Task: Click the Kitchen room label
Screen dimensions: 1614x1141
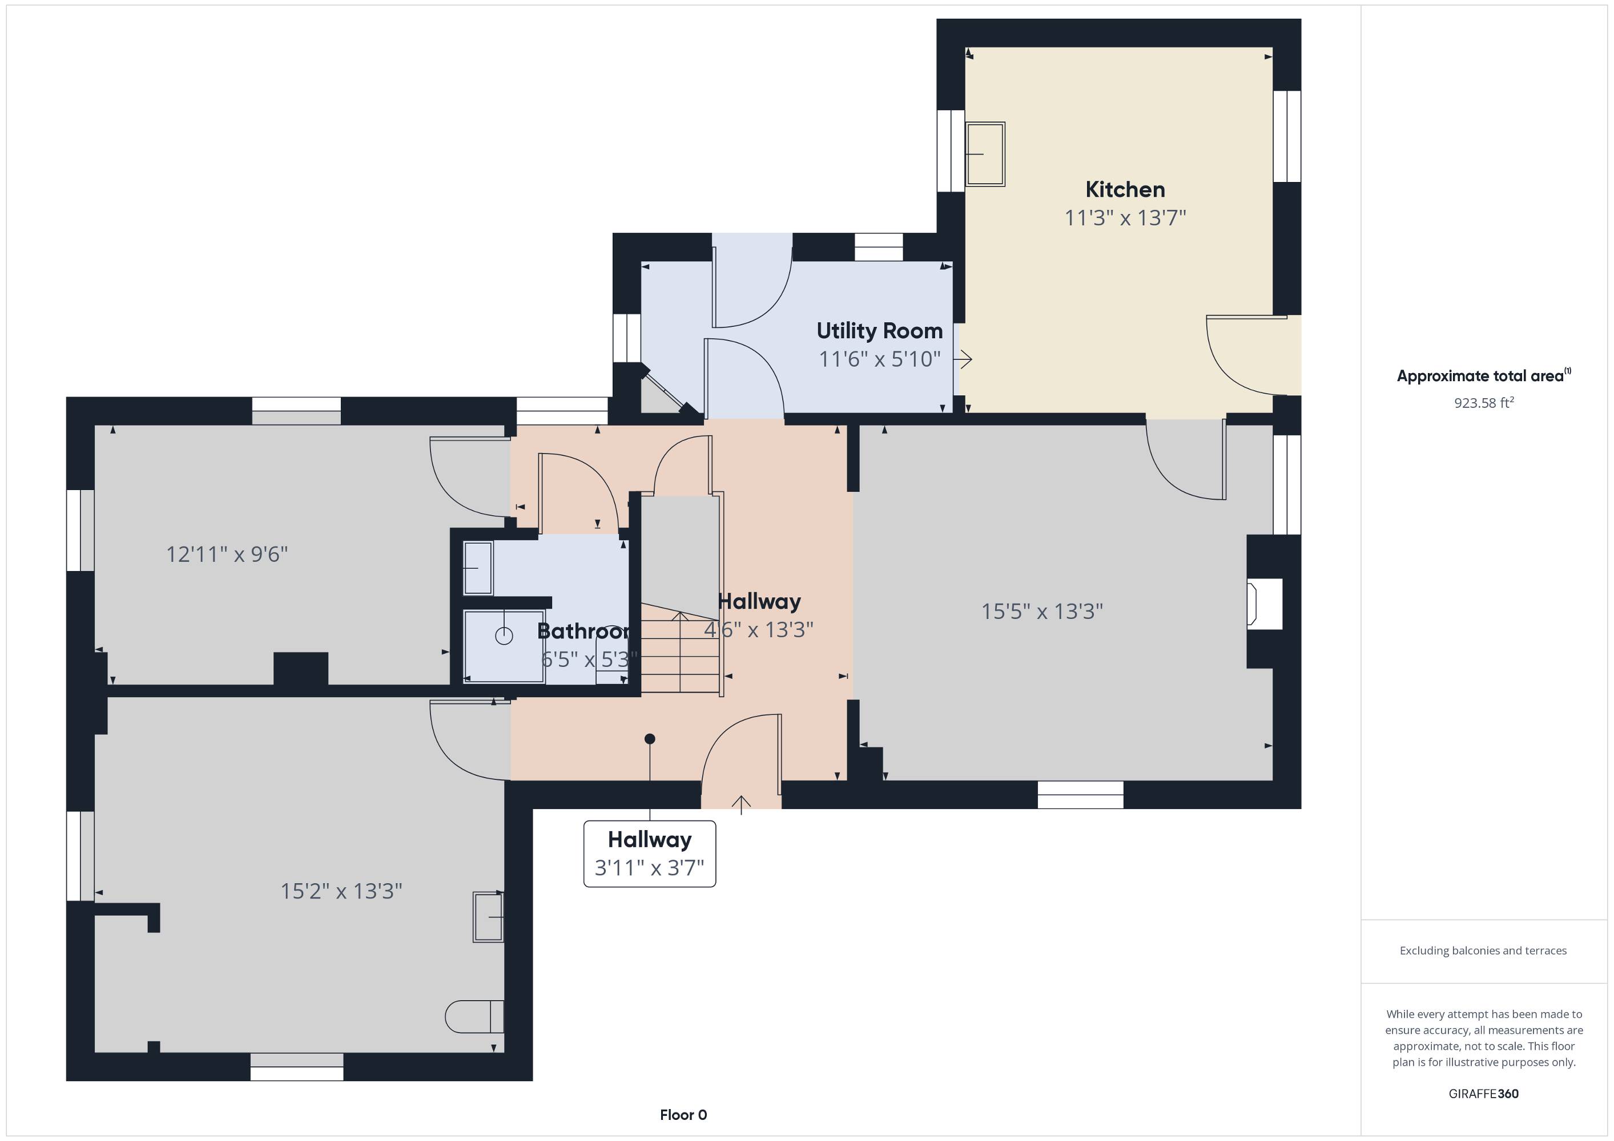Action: pyautogui.click(x=1125, y=190)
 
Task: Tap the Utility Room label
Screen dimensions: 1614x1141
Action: pyautogui.click(x=879, y=330)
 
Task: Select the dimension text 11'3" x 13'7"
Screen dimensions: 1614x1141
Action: pyautogui.click(x=1125, y=218)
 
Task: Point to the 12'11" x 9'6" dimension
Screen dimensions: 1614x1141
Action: pyautogui.click(x=227, y=555)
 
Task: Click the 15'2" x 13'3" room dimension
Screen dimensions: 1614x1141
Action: pyautogui.click(x=341, y=891)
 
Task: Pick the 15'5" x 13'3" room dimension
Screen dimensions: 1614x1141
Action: pyautogui.click(x=1042, y=611)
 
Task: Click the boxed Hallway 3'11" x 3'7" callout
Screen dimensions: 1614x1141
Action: pyautogui.click(x=650, y=853)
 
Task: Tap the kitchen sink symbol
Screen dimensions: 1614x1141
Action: pyautogui.click(x=985, y=154)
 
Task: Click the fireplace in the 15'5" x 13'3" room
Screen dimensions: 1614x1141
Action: pyautogui.click(x=1265, y=604)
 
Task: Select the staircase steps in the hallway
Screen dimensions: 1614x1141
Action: pyautogui.click(x=681, y=649)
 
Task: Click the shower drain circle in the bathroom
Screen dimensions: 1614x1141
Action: pyautogui.click(x=504, y=636)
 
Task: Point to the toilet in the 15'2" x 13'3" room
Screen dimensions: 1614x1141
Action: pyautogui.click(x=474, y=1017)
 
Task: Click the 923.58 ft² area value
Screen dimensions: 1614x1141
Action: pyautogui.click(x=1484, y=403)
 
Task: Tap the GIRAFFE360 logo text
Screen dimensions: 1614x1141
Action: pyautogui.click(x=1483, y=1093)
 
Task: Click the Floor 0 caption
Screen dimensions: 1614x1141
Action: pyautogui.click(x=683, y=1114)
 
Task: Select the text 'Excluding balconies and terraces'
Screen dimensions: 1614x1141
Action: pyautogui.click(x=1483, y=950)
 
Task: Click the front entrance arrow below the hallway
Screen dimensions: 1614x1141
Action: pyautogui.click(x=742, y=804)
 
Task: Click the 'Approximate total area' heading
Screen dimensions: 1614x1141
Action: pyautogui.click(x=1483, y=375)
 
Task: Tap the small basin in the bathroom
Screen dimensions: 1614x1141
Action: pyautogui.click(x=478, y=568)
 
